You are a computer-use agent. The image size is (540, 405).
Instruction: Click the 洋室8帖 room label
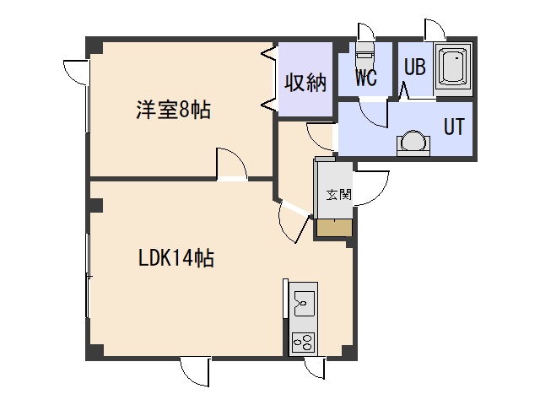[172, 109]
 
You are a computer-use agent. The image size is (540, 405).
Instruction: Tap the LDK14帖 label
[175, 258]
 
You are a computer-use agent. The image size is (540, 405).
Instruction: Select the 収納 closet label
[305, 83]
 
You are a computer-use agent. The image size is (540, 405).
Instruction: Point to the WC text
[365, 78]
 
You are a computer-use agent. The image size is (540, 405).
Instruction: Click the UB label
[414, 67]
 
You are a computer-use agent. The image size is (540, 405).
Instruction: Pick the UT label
[454, 127]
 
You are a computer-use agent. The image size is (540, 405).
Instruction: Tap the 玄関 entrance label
[338, 194]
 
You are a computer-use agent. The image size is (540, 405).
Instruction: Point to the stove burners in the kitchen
[302, 342]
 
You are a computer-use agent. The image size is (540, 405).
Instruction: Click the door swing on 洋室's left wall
[74, 71]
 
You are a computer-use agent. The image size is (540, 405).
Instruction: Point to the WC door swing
[372, 112]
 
